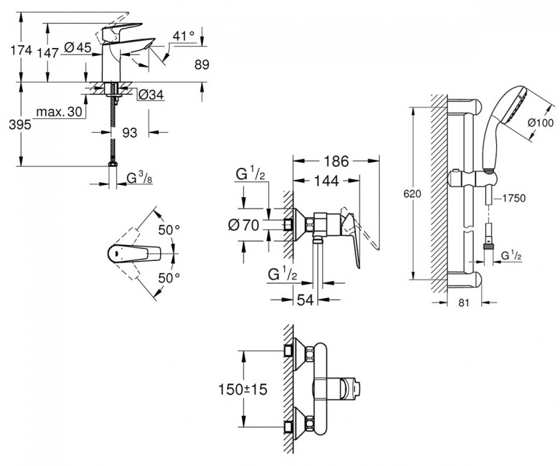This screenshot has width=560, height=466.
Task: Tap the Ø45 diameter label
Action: (78, 47)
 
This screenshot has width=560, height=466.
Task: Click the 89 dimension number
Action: (204, 65)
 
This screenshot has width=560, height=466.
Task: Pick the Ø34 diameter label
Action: (151, 94)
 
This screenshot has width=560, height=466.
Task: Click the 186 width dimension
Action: (336, 162)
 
